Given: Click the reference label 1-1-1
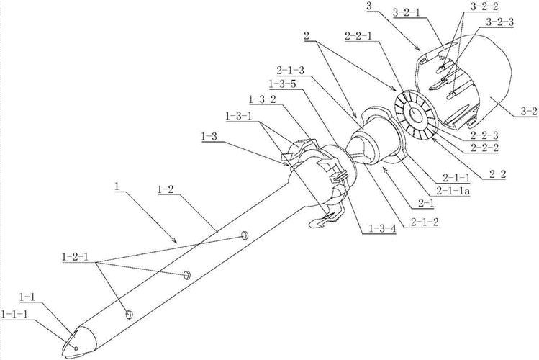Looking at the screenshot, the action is tap(15, 314).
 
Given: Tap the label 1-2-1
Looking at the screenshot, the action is tap(76, 257).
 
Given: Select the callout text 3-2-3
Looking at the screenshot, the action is tap(500, 22).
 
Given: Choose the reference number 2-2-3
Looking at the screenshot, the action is tap(485, 135).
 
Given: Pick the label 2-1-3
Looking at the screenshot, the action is tap(290, 71).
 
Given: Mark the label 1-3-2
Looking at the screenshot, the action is tap(262, 99).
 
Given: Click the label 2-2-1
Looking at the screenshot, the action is tap(358, 37).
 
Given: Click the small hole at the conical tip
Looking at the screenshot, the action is tap(76, 348).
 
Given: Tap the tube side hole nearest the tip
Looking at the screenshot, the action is tap(129, 314).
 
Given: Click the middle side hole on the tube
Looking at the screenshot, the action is tap(186, 274).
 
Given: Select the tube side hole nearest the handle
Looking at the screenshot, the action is tap(244, 235).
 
